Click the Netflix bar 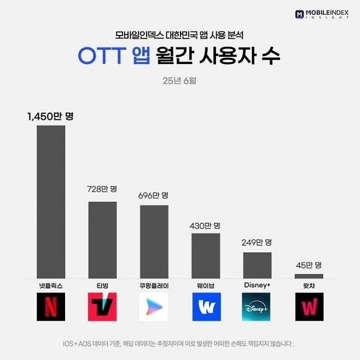(x=51, y=201)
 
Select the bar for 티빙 (x=102, y=240)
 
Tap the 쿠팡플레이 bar (x=154, y=241)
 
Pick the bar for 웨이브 (x=206, y=256)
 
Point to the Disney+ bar (x=257, y=265)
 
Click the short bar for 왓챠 (x=309, y=276)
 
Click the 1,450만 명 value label (x=50, y=117)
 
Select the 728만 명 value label (x=102, y=189)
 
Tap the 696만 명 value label (x=154, y=195)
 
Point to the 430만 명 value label (x=205, y=225)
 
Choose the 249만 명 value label (x=257, y=242)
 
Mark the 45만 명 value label (x=309, y=264)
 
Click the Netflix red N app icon (x=51, y=307)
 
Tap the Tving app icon (x=102, y=307)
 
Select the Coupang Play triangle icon (x=154, y=307)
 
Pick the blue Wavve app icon (x=206, y=307)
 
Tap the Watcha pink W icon (x=309, y=307)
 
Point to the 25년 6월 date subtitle (x=179, y=82)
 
